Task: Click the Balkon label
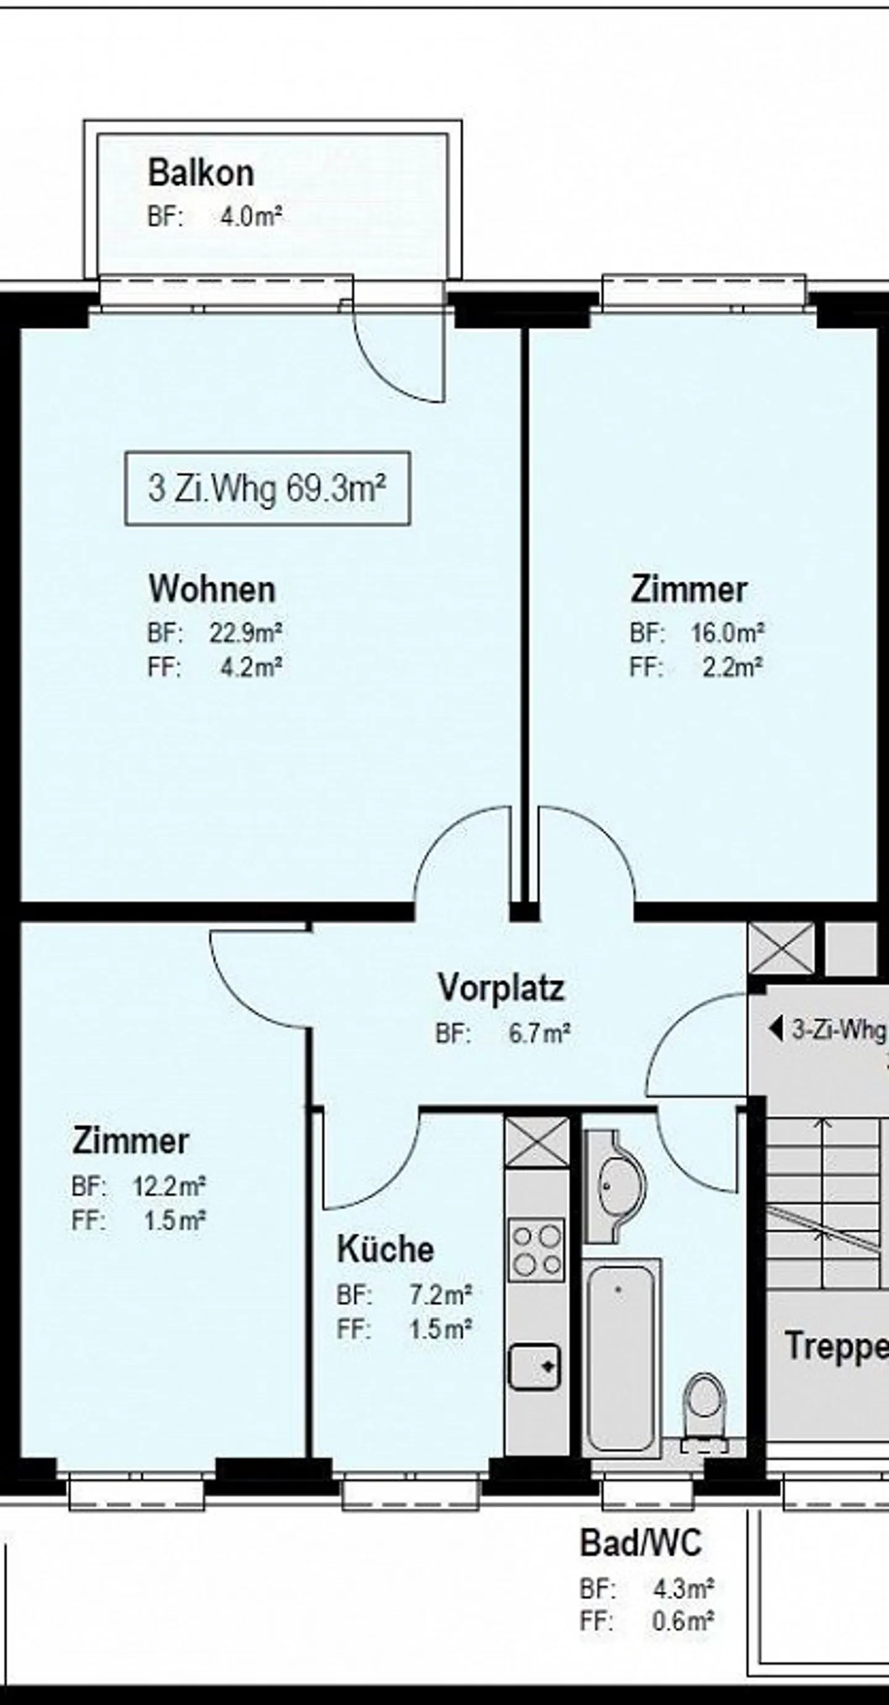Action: pos(201,173)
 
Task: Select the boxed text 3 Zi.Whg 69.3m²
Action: pos(267,489)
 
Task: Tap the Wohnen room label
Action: pos(212,589)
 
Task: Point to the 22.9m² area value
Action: pos(246,633)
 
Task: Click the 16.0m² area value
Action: pos(727,633)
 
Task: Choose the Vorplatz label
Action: pos(501,988)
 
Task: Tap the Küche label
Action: pos(385,1249)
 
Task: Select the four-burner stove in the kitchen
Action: pos(537,1247)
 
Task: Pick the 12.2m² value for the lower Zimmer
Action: pos(169,1185)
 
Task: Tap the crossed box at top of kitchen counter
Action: pos(537,1142)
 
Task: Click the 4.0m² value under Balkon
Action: pos(251,217)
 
